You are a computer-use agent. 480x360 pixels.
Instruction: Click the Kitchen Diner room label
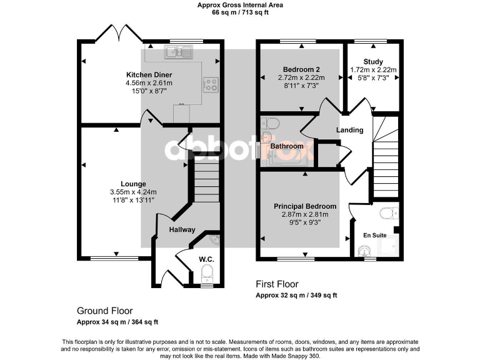(149, 74)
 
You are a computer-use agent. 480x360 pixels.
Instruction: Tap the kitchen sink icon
(178, 52)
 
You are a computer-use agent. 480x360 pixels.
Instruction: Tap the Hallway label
(181, 229)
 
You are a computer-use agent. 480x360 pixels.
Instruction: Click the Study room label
(374, 62)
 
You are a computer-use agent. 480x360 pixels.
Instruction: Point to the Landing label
(349, 130)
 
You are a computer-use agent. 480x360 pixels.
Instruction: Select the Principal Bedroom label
(305, 206)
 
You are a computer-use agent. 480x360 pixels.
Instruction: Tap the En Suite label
(374, 235)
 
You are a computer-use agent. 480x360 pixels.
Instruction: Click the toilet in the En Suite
(389, 212)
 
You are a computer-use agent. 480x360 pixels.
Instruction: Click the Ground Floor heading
(104, 311)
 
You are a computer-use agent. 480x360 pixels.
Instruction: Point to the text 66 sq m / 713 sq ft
(240, 12)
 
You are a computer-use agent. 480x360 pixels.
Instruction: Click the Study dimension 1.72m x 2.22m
(374, 69)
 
